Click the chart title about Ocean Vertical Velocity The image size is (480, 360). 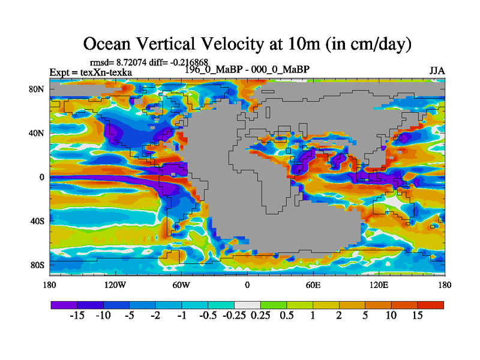coord(247,44)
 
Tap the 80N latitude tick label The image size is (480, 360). coord(37,89)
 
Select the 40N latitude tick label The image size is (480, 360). coord(37,133)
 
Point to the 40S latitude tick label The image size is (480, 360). coord(37,221)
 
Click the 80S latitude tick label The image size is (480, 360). coord(37,265)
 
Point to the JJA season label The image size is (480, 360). coord(437,71)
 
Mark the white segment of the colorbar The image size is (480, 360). coord(247,305)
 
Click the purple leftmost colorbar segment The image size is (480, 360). coord(63,305)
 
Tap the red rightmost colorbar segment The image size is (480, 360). coord(430,305)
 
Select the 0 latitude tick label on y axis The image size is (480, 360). coord(43,177)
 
